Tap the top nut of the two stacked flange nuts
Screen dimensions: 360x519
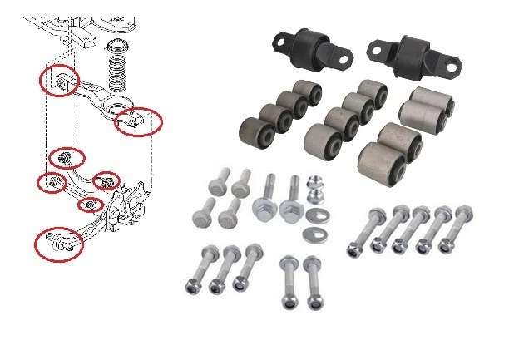click(x=314, y=183)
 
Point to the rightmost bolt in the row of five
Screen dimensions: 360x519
click(x=456, y=218)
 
